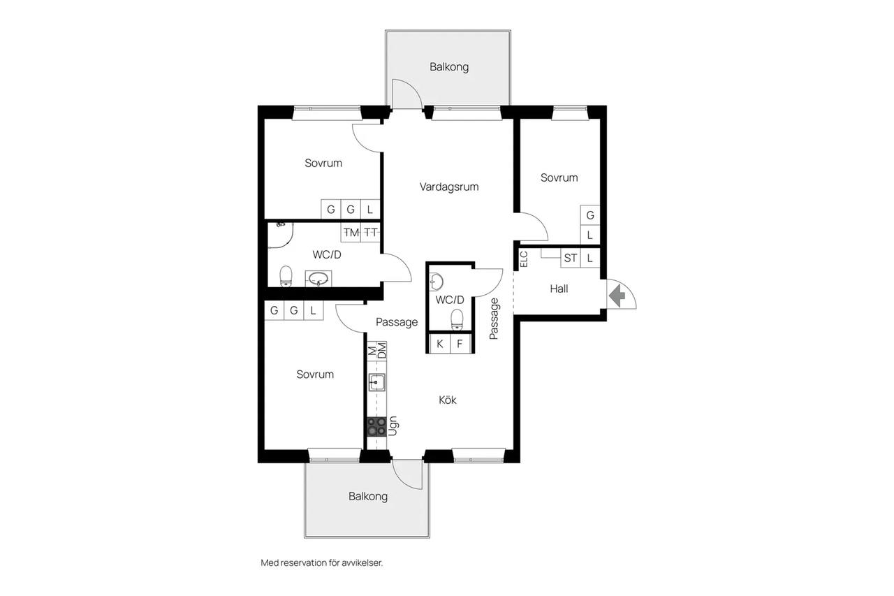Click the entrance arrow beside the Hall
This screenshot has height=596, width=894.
617,295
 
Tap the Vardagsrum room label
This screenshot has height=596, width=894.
449,187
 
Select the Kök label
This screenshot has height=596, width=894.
448,400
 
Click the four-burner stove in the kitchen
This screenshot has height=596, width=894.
376,426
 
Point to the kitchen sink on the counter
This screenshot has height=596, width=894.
376,382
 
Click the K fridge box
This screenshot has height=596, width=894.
439,344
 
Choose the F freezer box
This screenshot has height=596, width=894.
460,344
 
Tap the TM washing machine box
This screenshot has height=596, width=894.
351,233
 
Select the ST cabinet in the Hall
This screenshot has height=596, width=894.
571,259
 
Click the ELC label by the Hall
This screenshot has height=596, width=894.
524,259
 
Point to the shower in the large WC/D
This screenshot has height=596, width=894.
281,235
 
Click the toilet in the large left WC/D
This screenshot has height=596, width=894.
286,276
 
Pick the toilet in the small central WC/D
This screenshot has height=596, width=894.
457,320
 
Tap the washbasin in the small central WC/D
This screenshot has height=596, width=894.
436,282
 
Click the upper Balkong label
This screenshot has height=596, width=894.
449,66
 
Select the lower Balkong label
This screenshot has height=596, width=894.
368,496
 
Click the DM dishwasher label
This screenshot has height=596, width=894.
382,351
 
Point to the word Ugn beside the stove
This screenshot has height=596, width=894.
393,426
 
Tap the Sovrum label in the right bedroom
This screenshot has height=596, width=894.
559,177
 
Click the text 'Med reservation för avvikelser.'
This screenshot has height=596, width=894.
322,563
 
